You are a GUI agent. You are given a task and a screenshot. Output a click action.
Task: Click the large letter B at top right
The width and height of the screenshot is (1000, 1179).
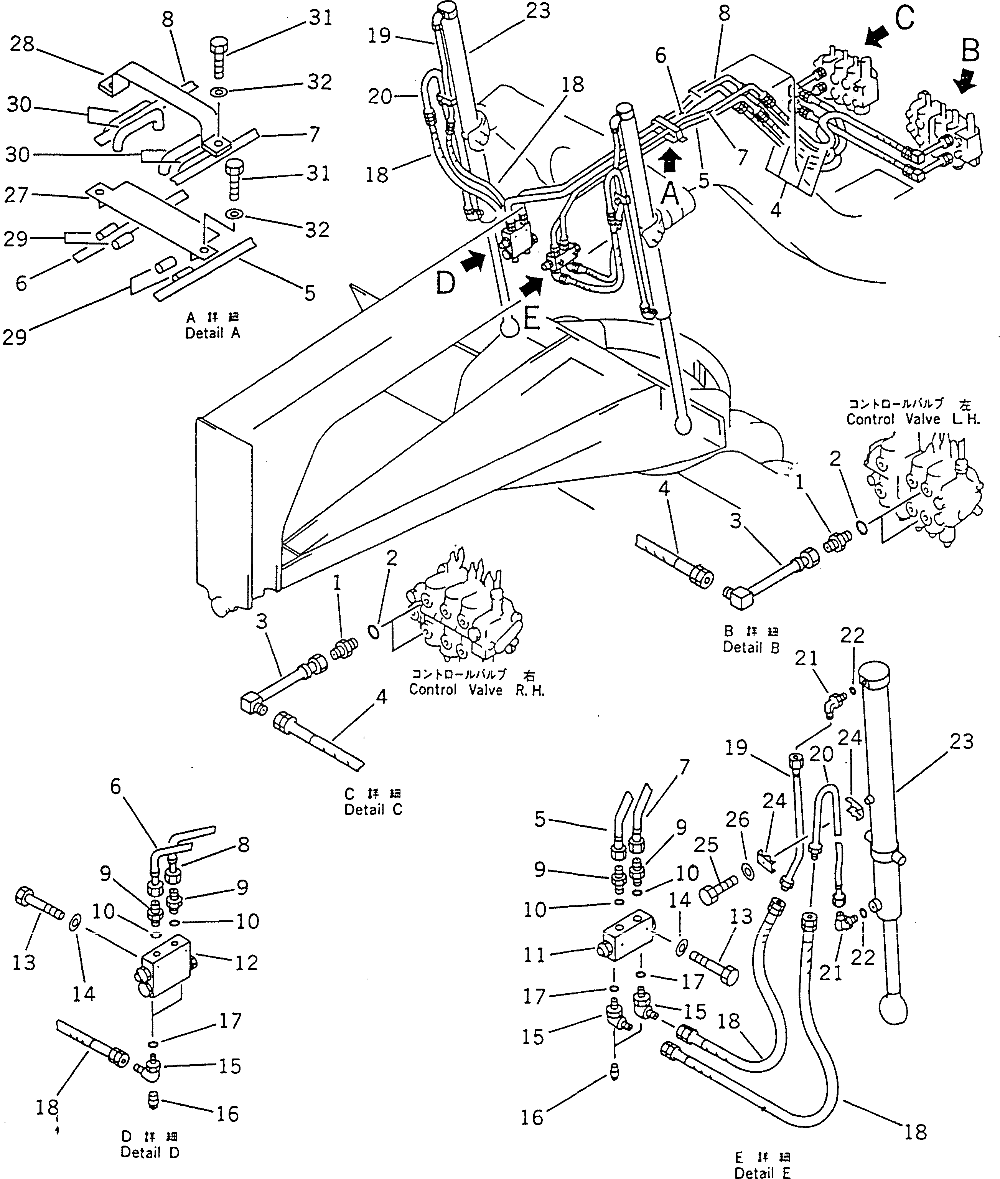(970, 51)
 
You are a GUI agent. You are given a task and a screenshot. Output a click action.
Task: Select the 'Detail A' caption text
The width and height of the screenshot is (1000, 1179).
(213, 334)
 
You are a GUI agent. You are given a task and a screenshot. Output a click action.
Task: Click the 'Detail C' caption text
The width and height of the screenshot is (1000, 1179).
(373, 810)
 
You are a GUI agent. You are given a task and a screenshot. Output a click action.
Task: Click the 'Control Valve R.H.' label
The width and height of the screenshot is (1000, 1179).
(476, 690)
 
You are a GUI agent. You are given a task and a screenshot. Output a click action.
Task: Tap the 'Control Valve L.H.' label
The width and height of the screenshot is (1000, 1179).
(913, 419)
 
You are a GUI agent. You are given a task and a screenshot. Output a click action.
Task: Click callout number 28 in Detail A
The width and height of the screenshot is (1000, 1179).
(23, 44)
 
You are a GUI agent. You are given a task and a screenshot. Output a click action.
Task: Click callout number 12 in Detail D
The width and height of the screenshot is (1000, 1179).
(246, 963)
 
